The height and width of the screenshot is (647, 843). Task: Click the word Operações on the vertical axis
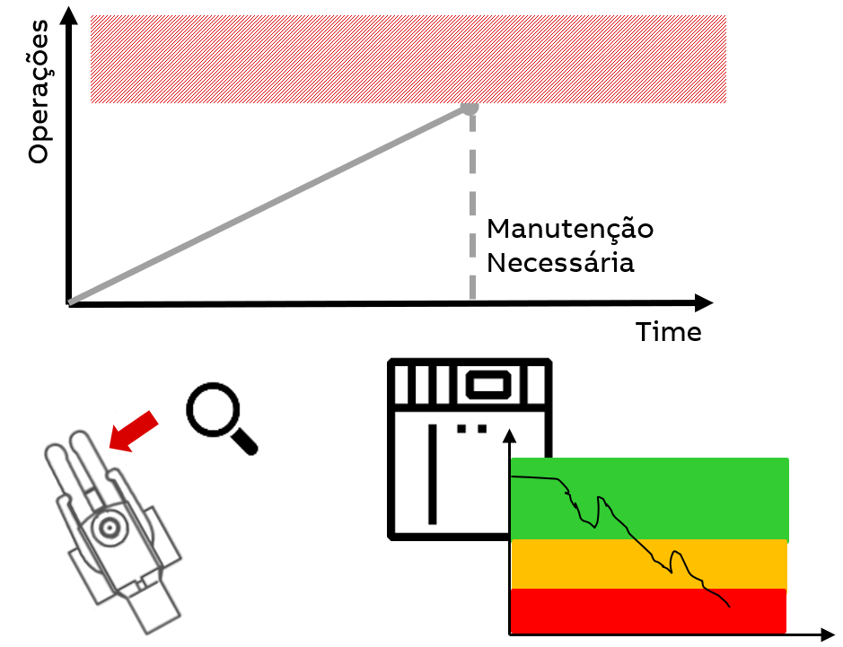(x=38, y=92)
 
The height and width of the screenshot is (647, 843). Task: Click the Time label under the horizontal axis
(x=668, y=332)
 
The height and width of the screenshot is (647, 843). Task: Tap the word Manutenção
(x=569, y=229)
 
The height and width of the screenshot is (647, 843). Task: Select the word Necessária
(x=560, y=264)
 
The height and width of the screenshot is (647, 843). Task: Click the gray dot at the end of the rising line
(x=470, y=107)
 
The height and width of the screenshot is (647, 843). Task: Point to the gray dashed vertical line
(x=472, y=206)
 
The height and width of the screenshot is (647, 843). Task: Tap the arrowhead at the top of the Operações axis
(x=68, y=14)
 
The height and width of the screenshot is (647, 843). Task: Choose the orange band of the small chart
(x=584, y=564)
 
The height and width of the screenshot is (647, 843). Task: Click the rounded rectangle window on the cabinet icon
(x=487, y=385)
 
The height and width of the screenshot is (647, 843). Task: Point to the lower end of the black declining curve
(x=729, y=607)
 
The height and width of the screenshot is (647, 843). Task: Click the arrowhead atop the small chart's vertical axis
(x=510, y=435)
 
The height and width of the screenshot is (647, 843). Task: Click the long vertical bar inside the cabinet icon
(x=433, y=473)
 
